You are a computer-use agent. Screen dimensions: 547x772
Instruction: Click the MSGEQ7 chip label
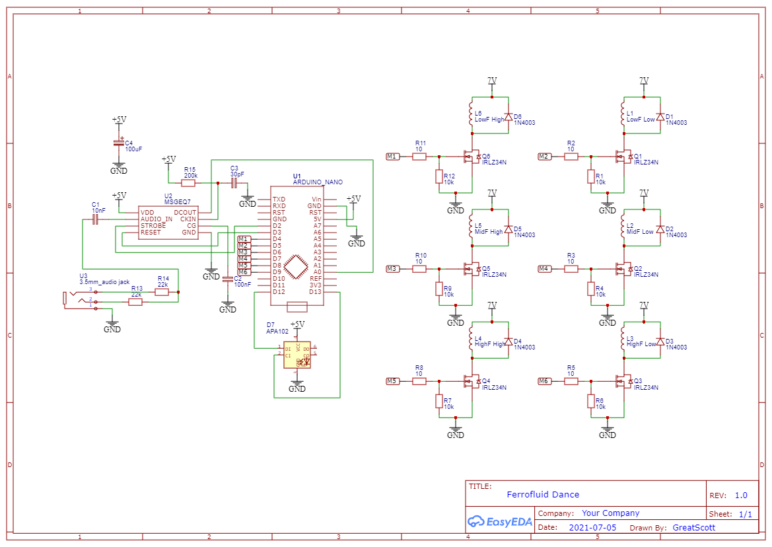(x=178, y=201)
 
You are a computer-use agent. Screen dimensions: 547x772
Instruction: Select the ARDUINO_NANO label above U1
(x=318, y=182)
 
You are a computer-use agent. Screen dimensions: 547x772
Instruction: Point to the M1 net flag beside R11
(x=393, y=157)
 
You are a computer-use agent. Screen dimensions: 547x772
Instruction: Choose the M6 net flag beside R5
(x=545, y=381)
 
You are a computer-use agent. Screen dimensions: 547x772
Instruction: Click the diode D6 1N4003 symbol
(x=508, y=117)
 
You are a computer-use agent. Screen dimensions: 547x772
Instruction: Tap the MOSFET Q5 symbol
(x=473, y=269)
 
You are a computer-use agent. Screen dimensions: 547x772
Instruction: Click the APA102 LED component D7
(x=297, y=355)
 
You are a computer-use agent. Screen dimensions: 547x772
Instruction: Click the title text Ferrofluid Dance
(x=543, y=494)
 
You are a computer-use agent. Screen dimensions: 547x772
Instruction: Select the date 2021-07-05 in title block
(x=592, y=527)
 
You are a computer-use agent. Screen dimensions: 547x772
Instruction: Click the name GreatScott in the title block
(x=693, y=527)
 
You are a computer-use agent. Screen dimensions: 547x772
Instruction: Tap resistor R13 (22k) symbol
(x=136, y=302)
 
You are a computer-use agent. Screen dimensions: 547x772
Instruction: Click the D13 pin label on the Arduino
(x=315, y=292)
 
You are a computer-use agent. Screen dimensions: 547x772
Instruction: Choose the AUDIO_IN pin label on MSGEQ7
(x=157, y=219)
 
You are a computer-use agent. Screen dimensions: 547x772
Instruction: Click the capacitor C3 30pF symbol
(x=234, y=183)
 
